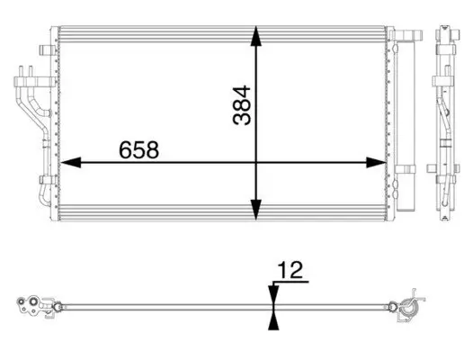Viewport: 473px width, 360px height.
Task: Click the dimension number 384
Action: click(240, 104)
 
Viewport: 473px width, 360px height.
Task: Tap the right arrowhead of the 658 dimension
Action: click(377, 163)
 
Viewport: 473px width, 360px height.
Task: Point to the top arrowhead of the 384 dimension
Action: click(257, 35)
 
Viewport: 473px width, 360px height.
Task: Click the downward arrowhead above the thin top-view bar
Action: click(272, 294)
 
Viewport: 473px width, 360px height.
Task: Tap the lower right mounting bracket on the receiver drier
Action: click(410, 170)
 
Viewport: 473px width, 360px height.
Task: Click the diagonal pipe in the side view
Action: click(446, 117)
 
